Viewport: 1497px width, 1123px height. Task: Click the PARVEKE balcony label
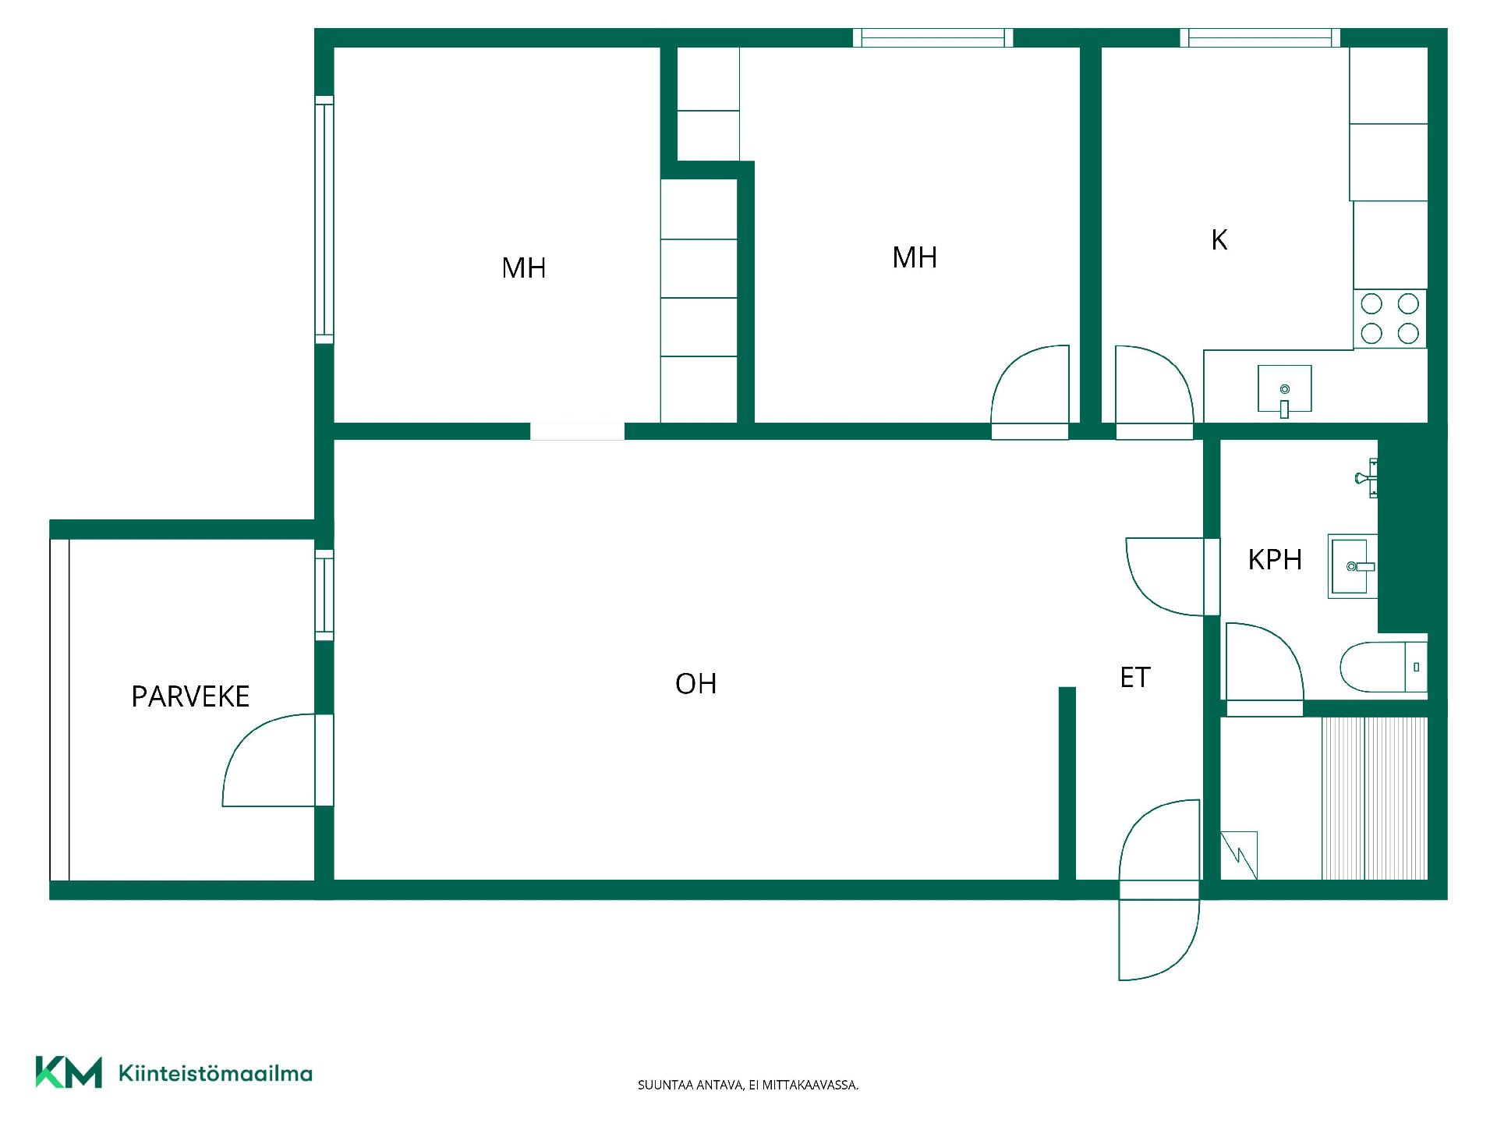coord(190,696)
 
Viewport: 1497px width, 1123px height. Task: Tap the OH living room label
coord(695,684)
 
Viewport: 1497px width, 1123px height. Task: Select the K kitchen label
coord(1219,240)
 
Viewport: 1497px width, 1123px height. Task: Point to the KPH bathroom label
coord(1275,560)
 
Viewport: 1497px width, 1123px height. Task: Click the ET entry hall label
coord(1135,678)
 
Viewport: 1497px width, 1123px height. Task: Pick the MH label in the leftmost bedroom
coord(524,268)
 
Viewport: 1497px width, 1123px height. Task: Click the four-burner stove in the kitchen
coord(1390,319)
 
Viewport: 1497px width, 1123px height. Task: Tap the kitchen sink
coord(1284,389)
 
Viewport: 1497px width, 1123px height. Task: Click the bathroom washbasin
coord(1353,566)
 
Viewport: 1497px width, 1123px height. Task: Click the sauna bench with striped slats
coord(1375,799)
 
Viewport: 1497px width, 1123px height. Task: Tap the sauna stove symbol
coord(1239,856)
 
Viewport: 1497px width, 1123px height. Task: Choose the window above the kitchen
coord(1260,37)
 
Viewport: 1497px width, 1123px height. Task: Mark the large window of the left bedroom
coord(324,220)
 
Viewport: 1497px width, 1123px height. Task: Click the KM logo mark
coord(69,1072)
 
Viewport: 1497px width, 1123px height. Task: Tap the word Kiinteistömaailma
coord(215,1073)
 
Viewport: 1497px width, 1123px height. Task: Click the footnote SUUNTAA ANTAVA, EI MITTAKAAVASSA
coord(748,1085)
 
